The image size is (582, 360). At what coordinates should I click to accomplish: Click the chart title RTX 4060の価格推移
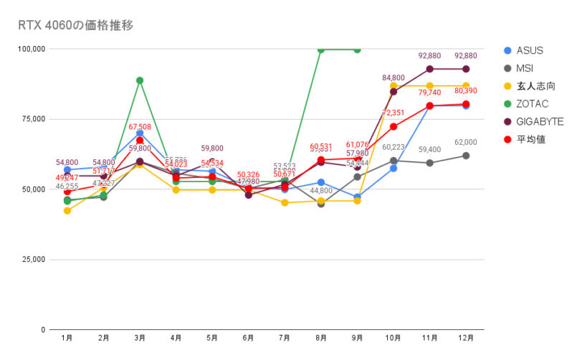coord(75,25)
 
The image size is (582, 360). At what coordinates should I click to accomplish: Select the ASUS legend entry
coord(530,50)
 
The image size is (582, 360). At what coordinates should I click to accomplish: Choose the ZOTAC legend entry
coord(532,104)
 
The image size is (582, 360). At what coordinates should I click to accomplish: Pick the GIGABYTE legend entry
coord(538,121)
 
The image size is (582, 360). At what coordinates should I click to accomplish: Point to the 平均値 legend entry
coord(530,139)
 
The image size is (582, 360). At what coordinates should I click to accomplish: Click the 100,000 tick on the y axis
coord(31,49)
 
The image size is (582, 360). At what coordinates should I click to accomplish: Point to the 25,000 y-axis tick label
coord(33,260)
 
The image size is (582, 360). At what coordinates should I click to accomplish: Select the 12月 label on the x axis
coord(466,336)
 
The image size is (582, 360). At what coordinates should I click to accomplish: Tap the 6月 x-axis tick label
coord(249,336)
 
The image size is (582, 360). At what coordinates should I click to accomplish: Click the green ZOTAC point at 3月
coord(140,80)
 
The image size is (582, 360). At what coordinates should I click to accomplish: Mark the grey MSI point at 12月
coord(466,156)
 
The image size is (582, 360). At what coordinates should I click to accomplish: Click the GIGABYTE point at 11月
coord(430,69)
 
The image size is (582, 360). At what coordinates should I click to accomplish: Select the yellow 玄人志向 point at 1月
coord(67,211)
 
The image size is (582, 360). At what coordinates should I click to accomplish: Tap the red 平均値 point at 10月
coord(393,126)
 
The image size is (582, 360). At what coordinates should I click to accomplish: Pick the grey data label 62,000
coord(466,143)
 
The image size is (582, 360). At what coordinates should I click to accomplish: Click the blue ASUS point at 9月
coord(358,197)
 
